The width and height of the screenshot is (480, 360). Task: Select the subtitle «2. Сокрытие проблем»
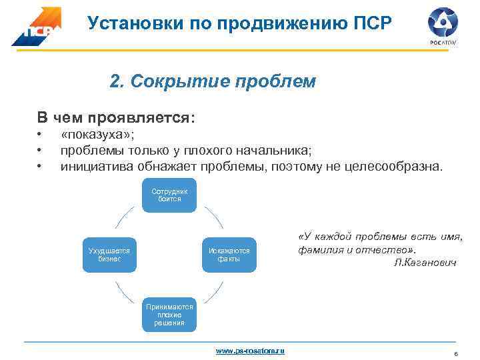pyautogui.click(x=213, y=82)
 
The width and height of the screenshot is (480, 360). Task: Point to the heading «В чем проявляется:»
pyautogui.click(x=116, y=117)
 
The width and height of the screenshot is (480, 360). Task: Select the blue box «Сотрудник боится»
pyautogui.click(x=169, y=195)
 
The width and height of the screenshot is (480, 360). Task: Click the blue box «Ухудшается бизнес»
pyautogui.click(x=109, y=255)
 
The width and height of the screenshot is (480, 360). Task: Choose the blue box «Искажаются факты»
pyautogui.click(x=229, y=255)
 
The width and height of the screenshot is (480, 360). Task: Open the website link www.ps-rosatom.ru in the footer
pyautogui.click(x=250, y=350)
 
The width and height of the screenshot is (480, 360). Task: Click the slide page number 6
pyautogui.click(x=455, y=354)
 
